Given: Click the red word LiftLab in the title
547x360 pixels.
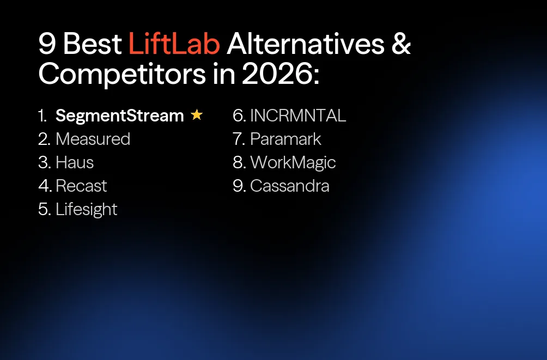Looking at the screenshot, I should point(174,44).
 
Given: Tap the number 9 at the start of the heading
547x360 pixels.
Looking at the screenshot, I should point(47,44).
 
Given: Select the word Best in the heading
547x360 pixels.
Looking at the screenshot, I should point(93,44).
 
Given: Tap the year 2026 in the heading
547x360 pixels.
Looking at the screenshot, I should point(277,75).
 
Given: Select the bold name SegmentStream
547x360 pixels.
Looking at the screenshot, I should point(120,115).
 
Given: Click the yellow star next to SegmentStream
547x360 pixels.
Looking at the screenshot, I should point(197,115).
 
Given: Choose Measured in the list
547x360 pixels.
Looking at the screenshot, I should point(93,139).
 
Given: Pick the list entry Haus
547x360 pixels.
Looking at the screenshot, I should point(75,162).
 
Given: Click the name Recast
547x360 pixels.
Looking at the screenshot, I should point(81,186).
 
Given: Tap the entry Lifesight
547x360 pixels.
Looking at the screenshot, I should point(86,210).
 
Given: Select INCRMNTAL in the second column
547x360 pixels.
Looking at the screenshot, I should point(298,115).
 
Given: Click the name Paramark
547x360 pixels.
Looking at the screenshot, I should point(285,139).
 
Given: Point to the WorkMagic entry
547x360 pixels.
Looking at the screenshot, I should point(293,162).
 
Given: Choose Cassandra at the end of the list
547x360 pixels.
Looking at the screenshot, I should point(289,186).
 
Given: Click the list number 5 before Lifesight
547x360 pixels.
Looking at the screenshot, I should point(44,209).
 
